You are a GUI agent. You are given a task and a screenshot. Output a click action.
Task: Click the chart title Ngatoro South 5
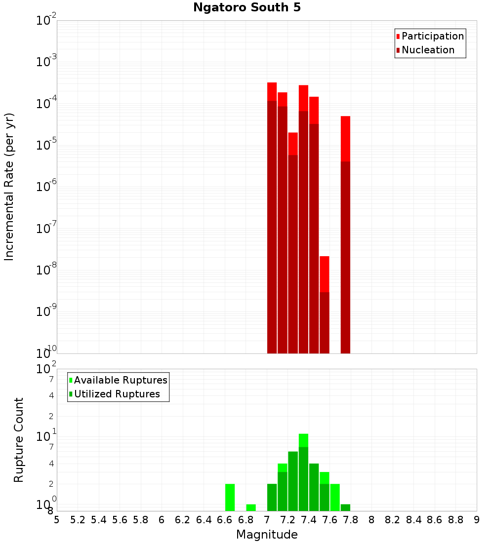[247, 7]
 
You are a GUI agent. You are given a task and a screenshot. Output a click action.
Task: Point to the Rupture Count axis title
[19, 440]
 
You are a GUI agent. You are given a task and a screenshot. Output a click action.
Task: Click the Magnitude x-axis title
[267, 535]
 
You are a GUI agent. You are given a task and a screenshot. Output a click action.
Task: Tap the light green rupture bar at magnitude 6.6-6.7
[230, 497]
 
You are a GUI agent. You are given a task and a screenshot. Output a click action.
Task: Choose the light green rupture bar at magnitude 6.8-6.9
[251, 507]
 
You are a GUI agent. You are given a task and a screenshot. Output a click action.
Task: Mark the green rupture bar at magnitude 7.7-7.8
[345, 507]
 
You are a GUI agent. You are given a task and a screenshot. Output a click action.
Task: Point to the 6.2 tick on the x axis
[183, 519]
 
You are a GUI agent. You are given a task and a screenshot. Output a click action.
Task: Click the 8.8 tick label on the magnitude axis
[455, 519]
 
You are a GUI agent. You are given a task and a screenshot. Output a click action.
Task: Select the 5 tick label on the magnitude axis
[57, 519]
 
